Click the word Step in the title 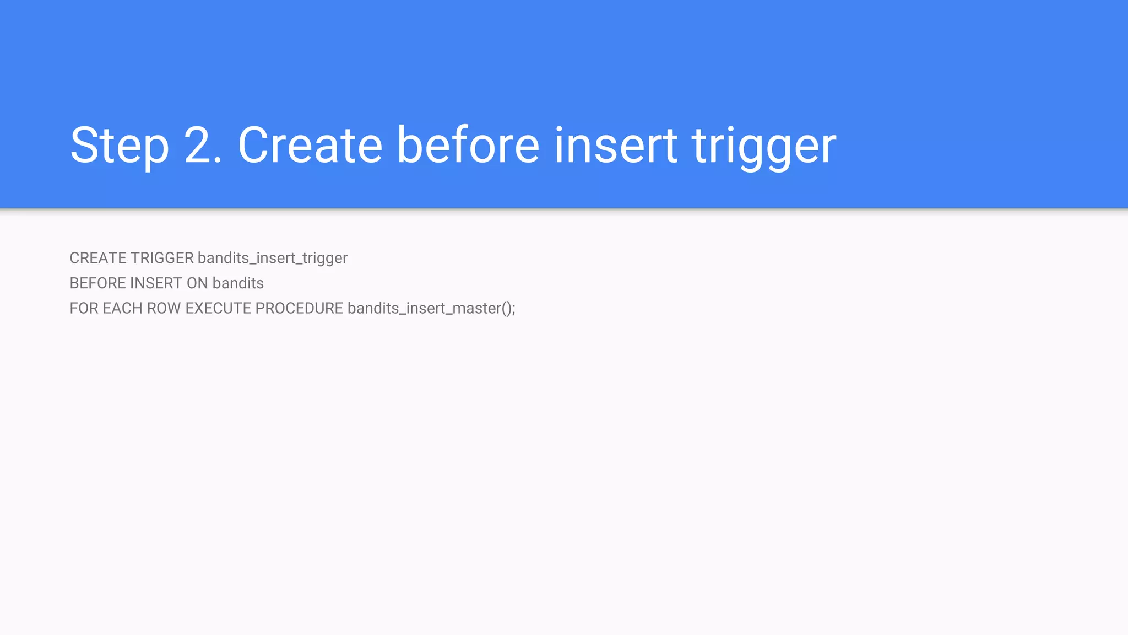tap(119, 146)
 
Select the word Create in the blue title tap(310, 146)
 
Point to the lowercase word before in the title tap(468, 146)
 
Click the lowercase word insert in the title tap(615, 146)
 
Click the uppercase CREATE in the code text tap(99, 258)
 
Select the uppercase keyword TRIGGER tap(162, 258)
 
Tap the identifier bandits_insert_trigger tap(273, 259)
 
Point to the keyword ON tap(197, 283)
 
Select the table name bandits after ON tap(238, 283)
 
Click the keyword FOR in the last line tap(84, 308)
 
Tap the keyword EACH tap(122, 308)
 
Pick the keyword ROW tap(164, 308)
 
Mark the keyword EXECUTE tap(218, 308)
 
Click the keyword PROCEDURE tap(299, 308)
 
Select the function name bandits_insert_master tap(424, 309)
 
